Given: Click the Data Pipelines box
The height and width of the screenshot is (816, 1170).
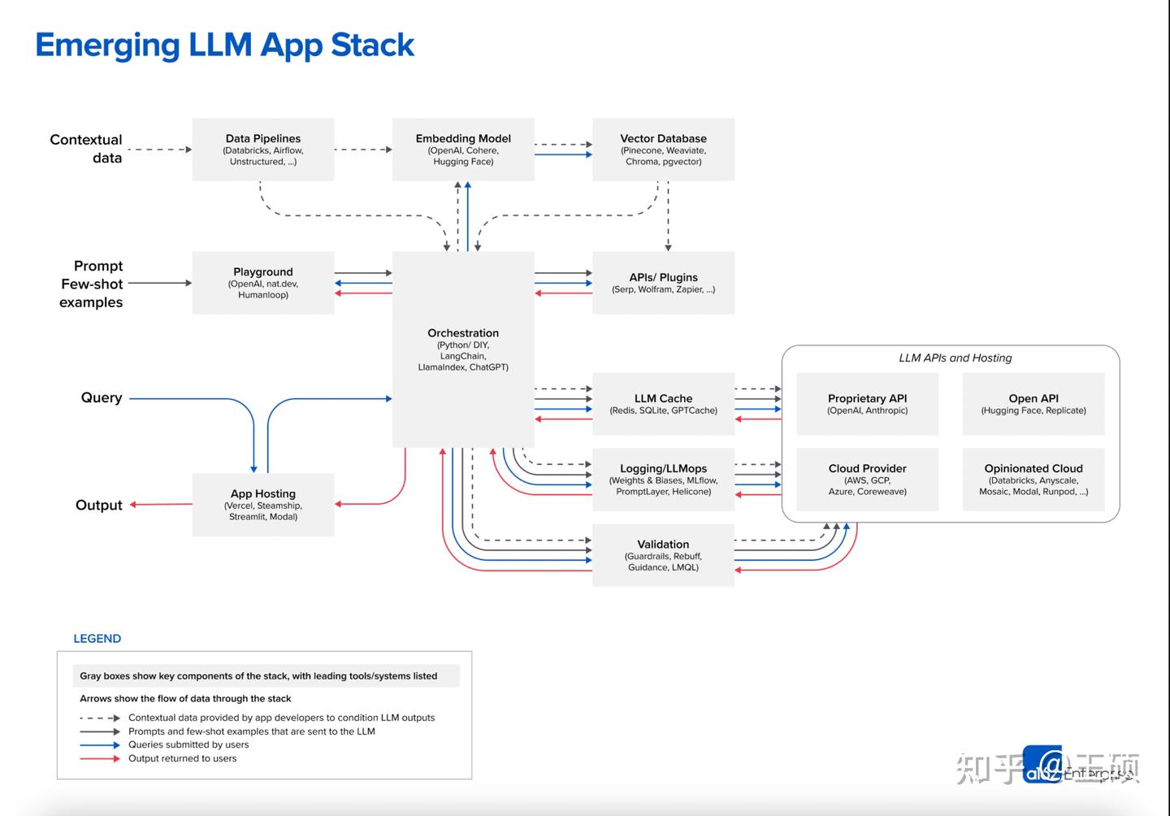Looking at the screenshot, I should (x=262, y=150).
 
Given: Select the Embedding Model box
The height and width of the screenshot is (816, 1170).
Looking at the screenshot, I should (x=463, y=150).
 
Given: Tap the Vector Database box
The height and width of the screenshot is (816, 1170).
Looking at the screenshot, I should (x=663, y=150).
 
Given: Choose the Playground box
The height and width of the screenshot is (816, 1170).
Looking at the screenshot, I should (x=262, y=283).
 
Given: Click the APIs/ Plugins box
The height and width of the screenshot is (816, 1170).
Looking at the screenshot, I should (x=663, y=283).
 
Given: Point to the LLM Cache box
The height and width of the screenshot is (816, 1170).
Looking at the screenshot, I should (x=663, y=404).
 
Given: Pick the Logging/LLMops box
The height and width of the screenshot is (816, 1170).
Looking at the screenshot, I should (x=663, y=480).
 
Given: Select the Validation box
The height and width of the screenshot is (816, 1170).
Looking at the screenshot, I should (x=663, y=555).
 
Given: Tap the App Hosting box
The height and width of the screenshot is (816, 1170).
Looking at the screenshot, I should (x=262, y=505).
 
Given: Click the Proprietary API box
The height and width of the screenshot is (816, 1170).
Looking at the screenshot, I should (x=867, y=404).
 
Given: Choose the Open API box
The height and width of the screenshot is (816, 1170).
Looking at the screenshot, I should (x=1033, y=404).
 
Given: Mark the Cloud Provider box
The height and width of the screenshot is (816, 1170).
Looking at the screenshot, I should (x=867, y=480).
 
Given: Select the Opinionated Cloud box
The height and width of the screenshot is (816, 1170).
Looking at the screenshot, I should (x=1033, y=480).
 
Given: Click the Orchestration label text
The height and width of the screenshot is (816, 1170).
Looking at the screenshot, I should (x=463, y=333).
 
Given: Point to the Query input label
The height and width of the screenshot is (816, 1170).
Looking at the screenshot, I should (x=102, y=397).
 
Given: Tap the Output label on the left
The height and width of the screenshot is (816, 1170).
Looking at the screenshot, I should (x=99, y=505).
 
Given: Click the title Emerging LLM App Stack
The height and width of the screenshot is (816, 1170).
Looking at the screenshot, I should (x=224, y=45).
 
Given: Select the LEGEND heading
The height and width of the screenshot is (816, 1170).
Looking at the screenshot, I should (x=97, y=639).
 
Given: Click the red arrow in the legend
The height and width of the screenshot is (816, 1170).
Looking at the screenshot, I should (x=100, y=759).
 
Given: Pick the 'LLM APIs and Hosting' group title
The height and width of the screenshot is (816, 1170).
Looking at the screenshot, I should (x=955, y=358).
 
